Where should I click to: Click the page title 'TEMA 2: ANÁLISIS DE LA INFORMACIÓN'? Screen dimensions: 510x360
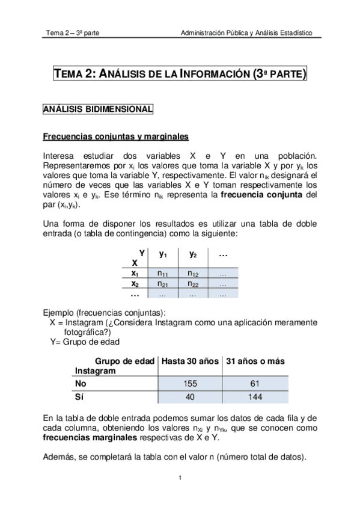coord(180,75)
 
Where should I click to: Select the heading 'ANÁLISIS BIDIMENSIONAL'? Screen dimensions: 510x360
coord(97,109)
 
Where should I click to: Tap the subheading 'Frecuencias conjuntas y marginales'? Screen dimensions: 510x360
coord(115,136)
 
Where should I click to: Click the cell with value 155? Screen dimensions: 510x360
coord(189,383)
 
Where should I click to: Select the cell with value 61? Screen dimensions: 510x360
coord(255,383)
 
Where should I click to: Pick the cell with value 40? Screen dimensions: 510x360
coord(189,397)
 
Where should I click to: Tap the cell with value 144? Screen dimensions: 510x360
coord(255,397)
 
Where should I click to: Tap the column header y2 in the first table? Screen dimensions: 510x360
coord(192,254)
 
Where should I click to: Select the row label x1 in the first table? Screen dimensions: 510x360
coord(135,274)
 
